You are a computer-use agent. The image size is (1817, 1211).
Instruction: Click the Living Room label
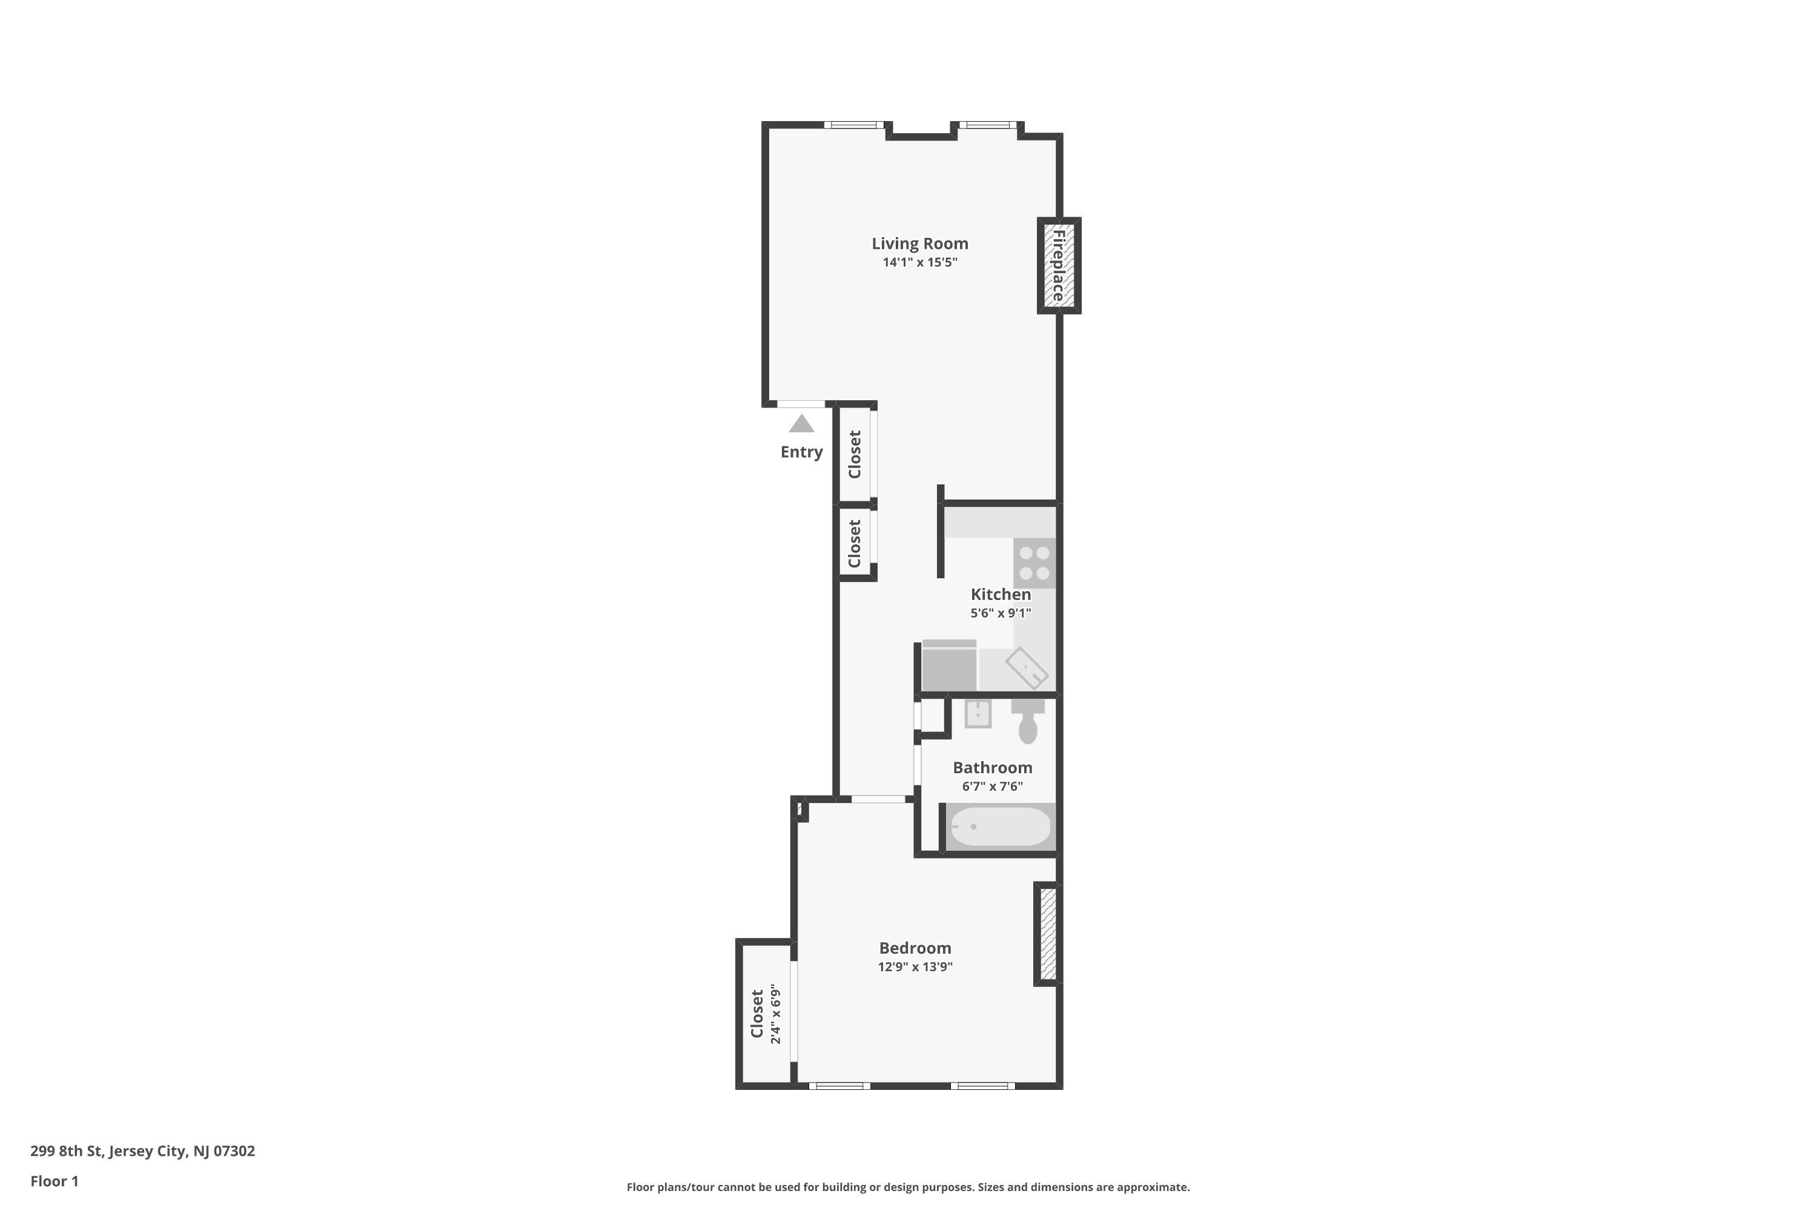[919, 243]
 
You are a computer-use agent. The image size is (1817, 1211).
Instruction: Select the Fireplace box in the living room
[1058, 266]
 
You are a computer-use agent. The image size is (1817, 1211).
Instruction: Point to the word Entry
[801, 452]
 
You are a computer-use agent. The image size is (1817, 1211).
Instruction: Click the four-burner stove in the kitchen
[1034, 563]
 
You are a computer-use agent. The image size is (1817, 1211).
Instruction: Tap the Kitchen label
[1001, 594]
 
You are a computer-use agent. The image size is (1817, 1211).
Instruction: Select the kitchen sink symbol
[1027, 668]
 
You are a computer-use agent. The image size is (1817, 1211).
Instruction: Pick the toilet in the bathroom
[1027, 723]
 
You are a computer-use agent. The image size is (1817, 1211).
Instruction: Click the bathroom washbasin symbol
[978, 714]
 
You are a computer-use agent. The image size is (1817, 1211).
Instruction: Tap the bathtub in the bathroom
[1000, 827]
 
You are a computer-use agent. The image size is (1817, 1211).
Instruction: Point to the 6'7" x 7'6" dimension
[992, 786]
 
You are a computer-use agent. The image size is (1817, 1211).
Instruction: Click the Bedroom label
[915, 948]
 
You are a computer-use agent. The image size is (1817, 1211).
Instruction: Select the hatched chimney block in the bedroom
[1048, 934]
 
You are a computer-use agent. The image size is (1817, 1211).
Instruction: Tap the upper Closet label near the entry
[855, 455]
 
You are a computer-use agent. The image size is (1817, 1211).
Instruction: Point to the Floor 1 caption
[54, 1181]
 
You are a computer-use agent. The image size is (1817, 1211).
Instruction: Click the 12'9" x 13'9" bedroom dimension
[915, 967]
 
